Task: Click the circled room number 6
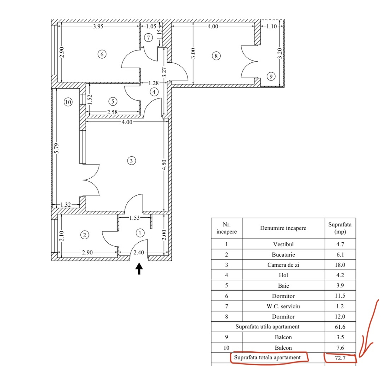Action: [x=102, y=54]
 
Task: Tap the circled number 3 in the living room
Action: [x=131, y=161]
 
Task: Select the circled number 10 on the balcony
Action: [x=68, y=102]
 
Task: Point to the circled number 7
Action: [x=148, y=37]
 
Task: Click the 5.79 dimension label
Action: [x=57, y=148]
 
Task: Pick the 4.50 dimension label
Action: [x=164, y=164]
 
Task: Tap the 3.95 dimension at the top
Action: [x=98, y=26]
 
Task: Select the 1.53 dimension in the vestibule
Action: [x=134, y=218]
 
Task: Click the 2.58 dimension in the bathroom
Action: [x=112, y=112]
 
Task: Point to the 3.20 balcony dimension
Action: [x=280, y=53]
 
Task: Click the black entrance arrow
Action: [x=139, y=268]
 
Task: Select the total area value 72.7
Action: [x=340, y=358]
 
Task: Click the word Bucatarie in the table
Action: [x=283, y=255]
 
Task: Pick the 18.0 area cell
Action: [x=340, y=265]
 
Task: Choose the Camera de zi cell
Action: [x=283, y=265]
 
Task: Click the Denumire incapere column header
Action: [x=283, y=228]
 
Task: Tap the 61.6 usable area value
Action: [x=340, y=327]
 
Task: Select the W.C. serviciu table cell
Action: [x=283, y=306]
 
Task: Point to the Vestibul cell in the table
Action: [x=283, y=244]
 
